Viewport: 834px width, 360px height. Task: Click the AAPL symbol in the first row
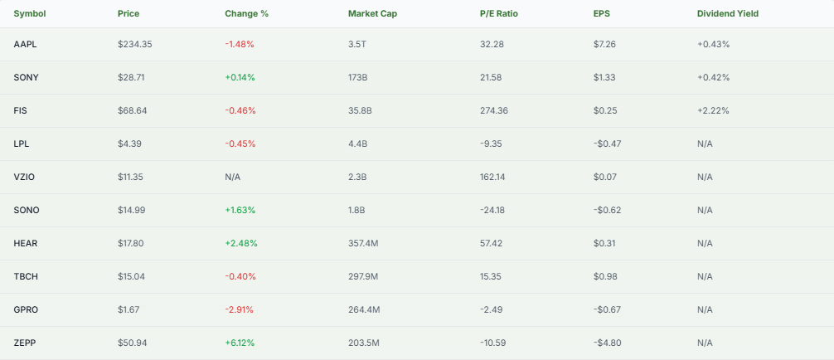pos(26,44)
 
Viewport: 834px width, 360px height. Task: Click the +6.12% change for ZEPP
pos(240,343)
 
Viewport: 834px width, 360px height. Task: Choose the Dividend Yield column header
pos(727,13)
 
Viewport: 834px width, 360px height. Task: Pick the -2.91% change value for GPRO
pos(239,309)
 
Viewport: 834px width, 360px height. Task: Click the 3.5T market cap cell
pos(357,44)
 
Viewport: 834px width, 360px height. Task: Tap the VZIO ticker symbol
pos(25,177)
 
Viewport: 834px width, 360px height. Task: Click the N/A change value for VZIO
pos(233,177)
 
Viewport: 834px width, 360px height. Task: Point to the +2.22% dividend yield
pos(713,110)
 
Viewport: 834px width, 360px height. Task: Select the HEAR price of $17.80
pos(132,243)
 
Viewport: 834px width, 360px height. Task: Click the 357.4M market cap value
pos(364,243)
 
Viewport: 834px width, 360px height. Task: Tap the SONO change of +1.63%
pos(240,210)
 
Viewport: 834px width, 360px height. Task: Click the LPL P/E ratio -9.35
pos(492,144)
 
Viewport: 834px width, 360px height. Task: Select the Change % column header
pos(246,13)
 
